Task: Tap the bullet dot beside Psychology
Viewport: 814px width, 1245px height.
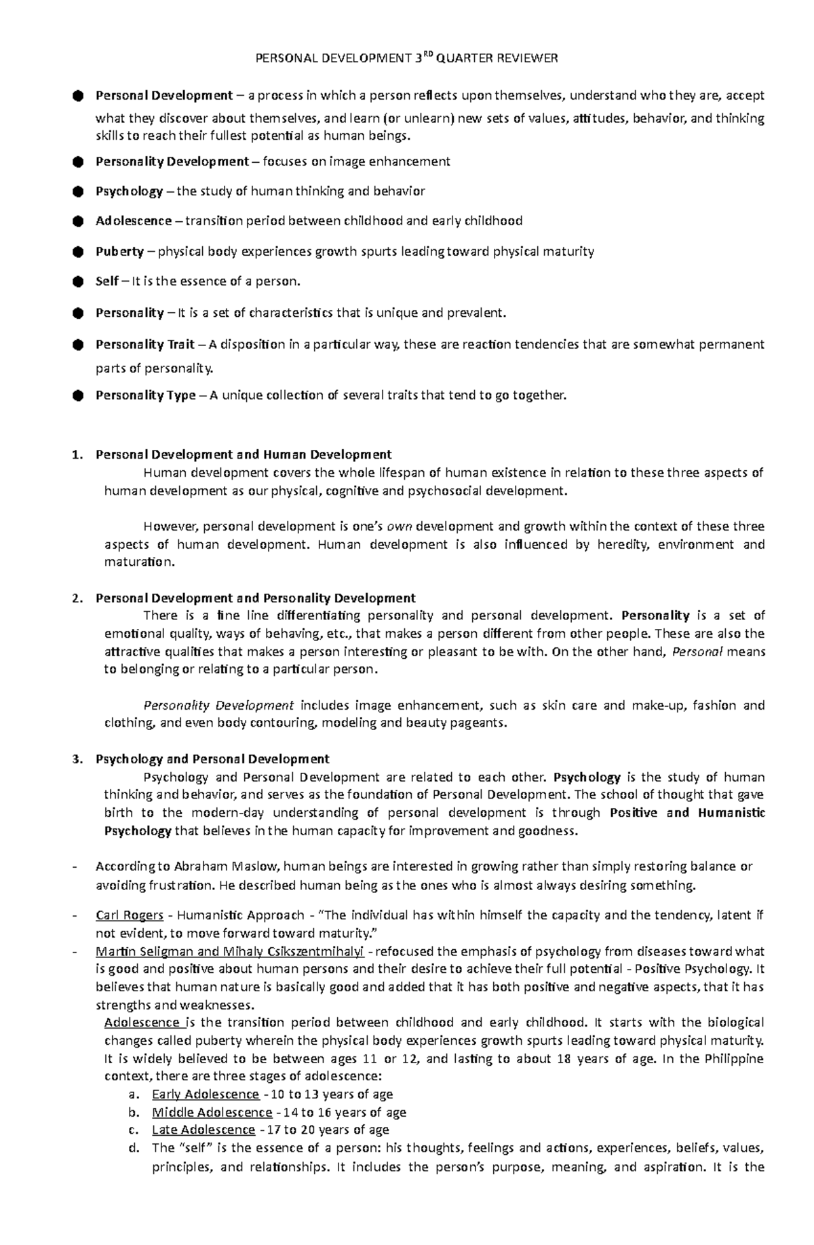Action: pos(77,191)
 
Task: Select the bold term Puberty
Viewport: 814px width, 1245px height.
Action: pos(119,252)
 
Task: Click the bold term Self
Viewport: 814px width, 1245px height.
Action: pos(107,281)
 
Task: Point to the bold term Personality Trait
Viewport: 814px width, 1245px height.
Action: pos(144,344)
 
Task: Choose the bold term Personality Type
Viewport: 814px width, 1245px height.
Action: pos(145,395)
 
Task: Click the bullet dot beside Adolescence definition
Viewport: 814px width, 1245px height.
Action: pos(77,221)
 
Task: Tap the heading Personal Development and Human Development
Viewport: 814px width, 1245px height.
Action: pos(244,455)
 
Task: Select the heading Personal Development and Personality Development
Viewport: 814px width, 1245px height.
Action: pos(255,598)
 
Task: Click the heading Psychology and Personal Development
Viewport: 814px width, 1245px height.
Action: pos(212,759)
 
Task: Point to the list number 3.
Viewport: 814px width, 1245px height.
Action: pos(77,759)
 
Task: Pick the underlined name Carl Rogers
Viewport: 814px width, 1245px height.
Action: pos(130,915)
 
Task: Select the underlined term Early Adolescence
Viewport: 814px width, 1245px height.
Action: pos(206,1094)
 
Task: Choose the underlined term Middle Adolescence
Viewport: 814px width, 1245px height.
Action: pos(212,1112)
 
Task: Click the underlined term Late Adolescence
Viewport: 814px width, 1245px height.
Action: pos(203,1130)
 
